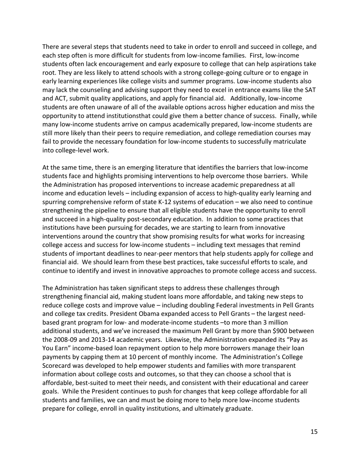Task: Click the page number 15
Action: (x=314, y=432)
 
